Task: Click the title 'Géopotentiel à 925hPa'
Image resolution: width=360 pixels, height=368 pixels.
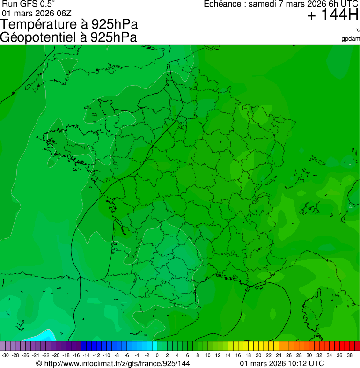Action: [68, 37]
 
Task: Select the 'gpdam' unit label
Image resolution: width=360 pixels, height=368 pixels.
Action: [351, 39]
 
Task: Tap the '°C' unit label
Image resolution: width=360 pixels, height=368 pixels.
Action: [357, 30]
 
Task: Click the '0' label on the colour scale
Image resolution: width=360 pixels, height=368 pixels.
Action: [157, 355]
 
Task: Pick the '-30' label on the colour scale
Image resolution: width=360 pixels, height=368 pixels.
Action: [5, 355]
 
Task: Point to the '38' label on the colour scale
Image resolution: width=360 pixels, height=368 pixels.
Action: [349, 355]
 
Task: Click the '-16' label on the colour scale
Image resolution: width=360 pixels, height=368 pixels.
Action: [76, 355]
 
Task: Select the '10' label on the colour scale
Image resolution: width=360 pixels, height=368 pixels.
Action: [207, 355]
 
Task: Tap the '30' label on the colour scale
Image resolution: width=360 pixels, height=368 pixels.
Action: [309, 355]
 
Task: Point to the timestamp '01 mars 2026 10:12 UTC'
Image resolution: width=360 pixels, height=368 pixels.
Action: [281, 363]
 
